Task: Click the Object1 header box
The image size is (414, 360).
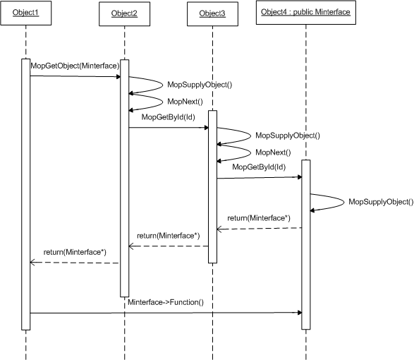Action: coord(26,13)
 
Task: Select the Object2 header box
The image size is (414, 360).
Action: coord(124,13)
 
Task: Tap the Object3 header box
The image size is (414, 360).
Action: coord(212,13)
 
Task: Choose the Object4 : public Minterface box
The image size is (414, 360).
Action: coord(306,13)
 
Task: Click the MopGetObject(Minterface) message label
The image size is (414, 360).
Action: coord(75,66)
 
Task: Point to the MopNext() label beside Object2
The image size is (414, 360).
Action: coord(185,102)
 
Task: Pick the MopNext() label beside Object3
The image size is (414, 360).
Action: coord(273,152)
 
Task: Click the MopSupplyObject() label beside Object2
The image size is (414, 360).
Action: coord(200,85)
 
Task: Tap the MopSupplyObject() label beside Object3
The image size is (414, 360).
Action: coord(288,136)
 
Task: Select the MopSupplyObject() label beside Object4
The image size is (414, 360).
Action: coord(381,202)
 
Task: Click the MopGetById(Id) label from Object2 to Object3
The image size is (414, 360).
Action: coord(168,117)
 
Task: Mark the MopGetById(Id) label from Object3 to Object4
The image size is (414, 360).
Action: coord(259,167)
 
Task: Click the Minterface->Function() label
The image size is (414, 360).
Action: coord(166,302)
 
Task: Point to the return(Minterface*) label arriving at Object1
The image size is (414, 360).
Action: coord(75,252)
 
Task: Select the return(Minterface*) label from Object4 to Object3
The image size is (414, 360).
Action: coord(259,218)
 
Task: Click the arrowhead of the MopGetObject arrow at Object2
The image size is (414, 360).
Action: coord(118,77)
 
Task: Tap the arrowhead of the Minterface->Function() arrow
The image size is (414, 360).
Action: coord(300,313)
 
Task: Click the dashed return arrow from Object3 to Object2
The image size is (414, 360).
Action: coord(169,246)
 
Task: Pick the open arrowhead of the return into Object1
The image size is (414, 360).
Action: coord(32,262)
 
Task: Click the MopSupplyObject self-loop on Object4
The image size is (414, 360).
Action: coord(344,202)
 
